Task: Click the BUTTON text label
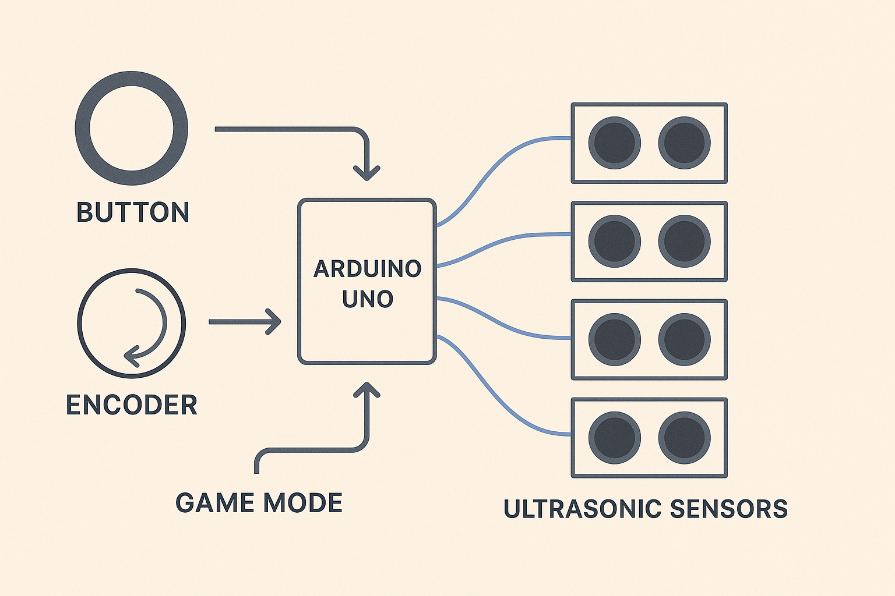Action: (133, 212)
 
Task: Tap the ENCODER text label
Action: (132, 405)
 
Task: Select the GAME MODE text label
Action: (259, 503)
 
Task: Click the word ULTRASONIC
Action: (583, 509)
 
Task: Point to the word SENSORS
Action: (729, 509)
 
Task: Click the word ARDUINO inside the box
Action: (367, 269)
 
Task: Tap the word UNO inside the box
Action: (367, 299)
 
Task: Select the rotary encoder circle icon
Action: (132, 322)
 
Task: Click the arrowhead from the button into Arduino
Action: (367, 172)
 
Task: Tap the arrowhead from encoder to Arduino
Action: (274, 322)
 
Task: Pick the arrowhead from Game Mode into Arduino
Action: (367, 391)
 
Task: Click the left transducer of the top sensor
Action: (614, 143)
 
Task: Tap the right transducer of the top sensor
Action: (684, 143)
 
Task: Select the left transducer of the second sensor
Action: (614, 241)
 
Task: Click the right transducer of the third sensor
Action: (684, 339)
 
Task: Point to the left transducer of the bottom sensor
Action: (614, 438)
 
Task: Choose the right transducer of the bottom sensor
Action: (684, 438)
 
